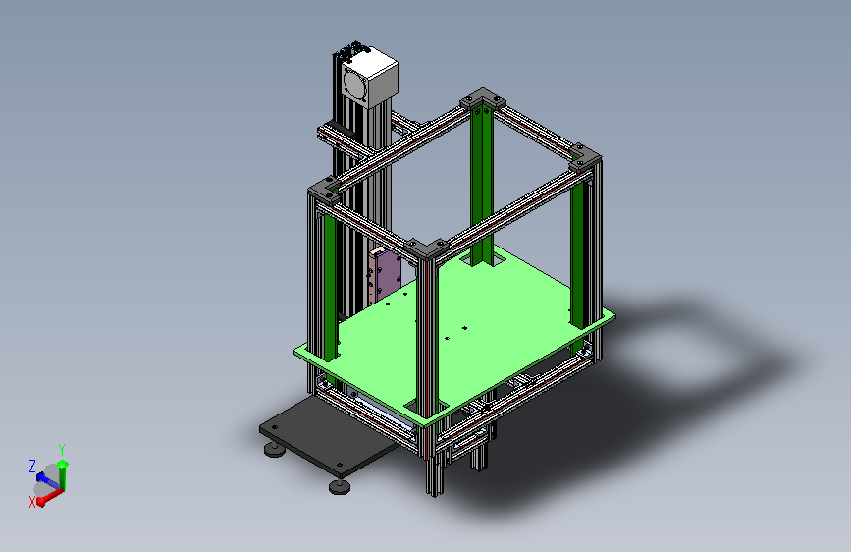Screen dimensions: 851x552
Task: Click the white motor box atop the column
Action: coord(370,78)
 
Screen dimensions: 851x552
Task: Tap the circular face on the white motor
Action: coord(355,84)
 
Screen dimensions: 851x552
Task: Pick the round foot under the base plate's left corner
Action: coord(275,449)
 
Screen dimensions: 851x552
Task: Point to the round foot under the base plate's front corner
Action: coord(340,486)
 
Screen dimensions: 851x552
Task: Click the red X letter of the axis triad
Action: coord(32,502)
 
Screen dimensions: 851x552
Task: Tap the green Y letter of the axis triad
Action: coord(62,450)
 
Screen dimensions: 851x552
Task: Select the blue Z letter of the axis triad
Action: coord(32,467)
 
